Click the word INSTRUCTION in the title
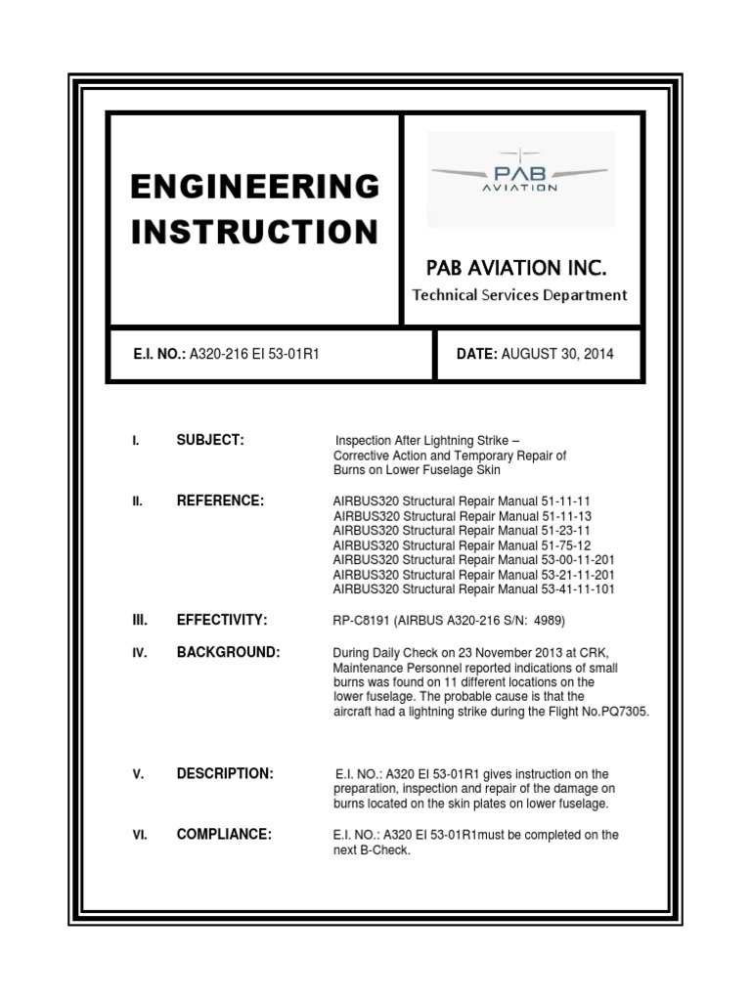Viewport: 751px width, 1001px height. [x=254, y=233]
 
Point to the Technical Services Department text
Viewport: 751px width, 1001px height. [x=519, y=295]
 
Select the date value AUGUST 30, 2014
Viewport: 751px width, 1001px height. [x=557, y=355]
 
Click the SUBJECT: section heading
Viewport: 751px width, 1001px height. [x=209, y=441]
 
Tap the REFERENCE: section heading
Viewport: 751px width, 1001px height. [x=220, y=500]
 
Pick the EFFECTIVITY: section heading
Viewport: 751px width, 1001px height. [x=222, y=621]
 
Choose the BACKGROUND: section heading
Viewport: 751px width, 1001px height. [x=228, y=652]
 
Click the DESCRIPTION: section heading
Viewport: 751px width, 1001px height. [x=225, y=774]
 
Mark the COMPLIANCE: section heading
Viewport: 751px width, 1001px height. [x=224, y=834]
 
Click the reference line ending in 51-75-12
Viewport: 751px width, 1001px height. [x=463, y=545]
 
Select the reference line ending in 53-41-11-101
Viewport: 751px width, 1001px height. [x=474, y=589]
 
